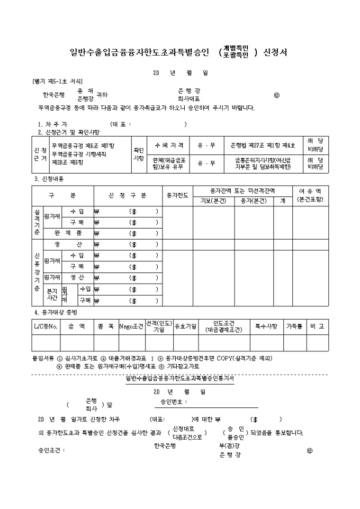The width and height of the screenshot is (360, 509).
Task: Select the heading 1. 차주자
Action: pyautogui.click(x=52, y=124)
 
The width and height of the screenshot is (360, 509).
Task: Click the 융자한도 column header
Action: pyautogui.click(x=177, y=195)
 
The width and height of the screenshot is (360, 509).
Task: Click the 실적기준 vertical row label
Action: pyautogui.click(x=37, y=222)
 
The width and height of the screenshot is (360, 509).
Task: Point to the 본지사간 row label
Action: pyautogui.click(x=51, y=295)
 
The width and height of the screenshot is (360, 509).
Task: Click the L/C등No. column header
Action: pyautogui.click(x=46, y=326)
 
